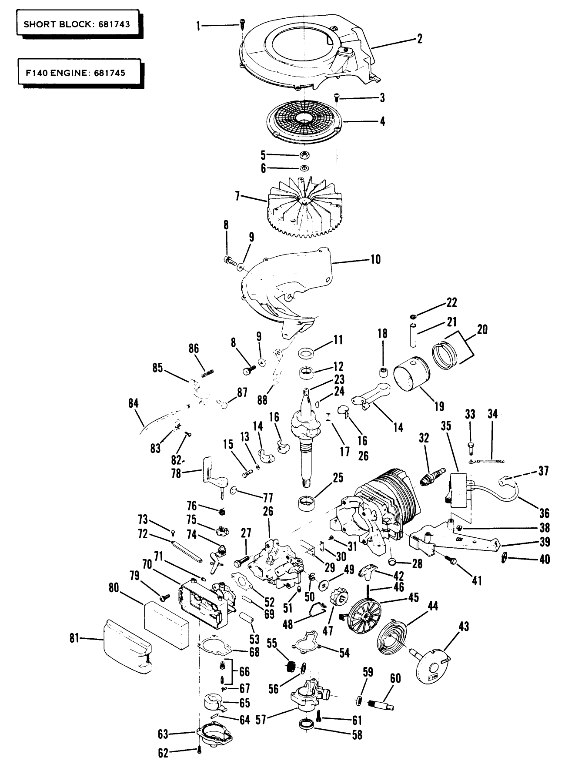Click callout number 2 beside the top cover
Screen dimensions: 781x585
[419, 39]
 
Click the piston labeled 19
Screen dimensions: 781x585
[411, 377]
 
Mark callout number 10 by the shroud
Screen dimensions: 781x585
[375, 259]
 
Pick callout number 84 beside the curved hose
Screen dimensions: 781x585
[133, 403]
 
